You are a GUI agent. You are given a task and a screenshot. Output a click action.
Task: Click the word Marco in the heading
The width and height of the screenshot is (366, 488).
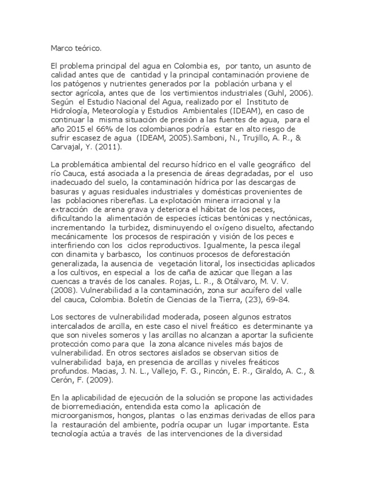click(x=61, y=48)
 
